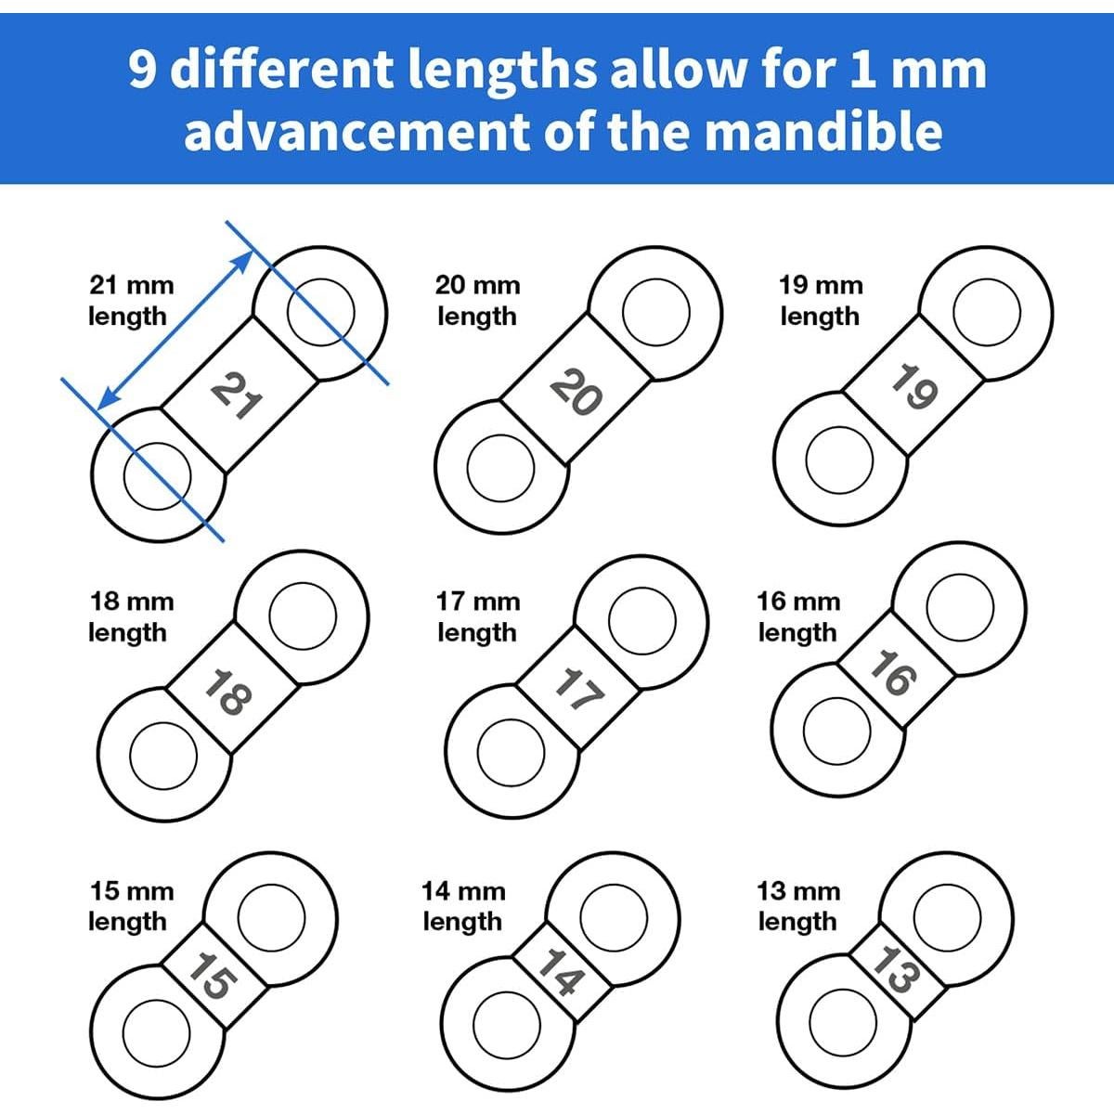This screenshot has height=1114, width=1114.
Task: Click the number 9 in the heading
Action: tap(143, 70)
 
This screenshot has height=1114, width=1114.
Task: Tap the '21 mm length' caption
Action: tap(130, 300)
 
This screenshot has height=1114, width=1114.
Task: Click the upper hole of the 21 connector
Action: tap(320, 311)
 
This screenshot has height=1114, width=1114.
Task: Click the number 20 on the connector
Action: tap(576, 394)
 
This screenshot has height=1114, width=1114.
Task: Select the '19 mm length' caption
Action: tap(821, 300)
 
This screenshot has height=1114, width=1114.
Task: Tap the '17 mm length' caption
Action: tap(477, 616)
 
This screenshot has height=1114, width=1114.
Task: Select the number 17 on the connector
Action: tap(580, 692)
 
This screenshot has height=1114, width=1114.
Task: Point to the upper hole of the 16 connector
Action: tap(960, 608)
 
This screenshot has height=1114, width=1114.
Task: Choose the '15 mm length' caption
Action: tap(130, 906)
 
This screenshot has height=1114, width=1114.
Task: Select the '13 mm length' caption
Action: tap(798, 906)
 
